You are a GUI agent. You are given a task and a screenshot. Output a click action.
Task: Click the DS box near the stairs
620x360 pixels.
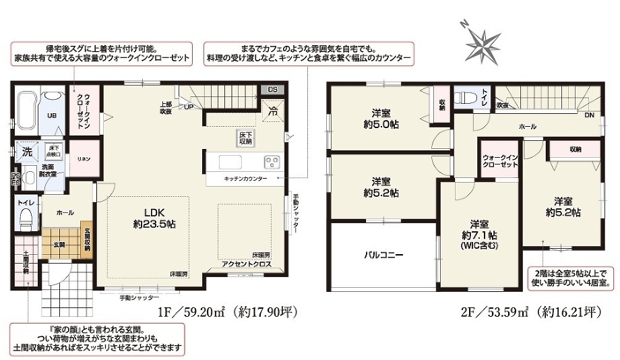pyautogui.click(x=272, y=89)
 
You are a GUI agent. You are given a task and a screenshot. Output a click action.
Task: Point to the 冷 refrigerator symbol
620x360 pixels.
pyautogui.click(x=274, y=111)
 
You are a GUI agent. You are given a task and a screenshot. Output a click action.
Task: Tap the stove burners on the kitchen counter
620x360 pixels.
pyautogui.click(x=272, y=162)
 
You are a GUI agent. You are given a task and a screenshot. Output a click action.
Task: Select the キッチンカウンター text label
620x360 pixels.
pyautogui.click(x=245, y=179)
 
